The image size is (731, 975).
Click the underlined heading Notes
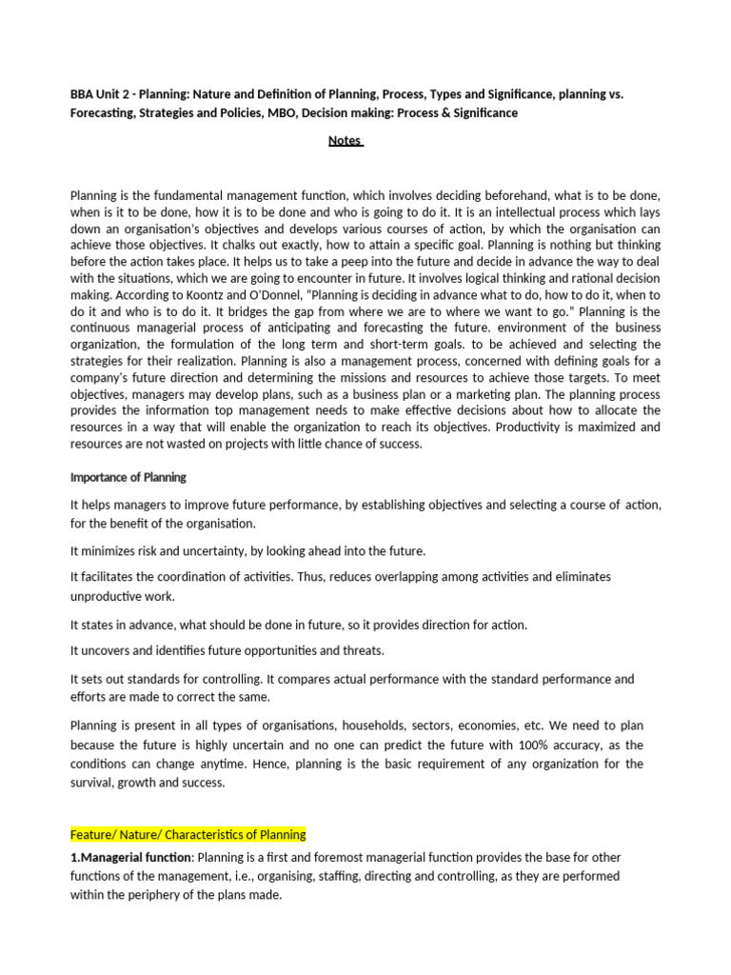click(345, 140)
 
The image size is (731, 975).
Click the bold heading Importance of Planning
click(128, 477)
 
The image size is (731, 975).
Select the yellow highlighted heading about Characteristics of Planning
click(188, 835)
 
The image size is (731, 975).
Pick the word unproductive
click(108, 596)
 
